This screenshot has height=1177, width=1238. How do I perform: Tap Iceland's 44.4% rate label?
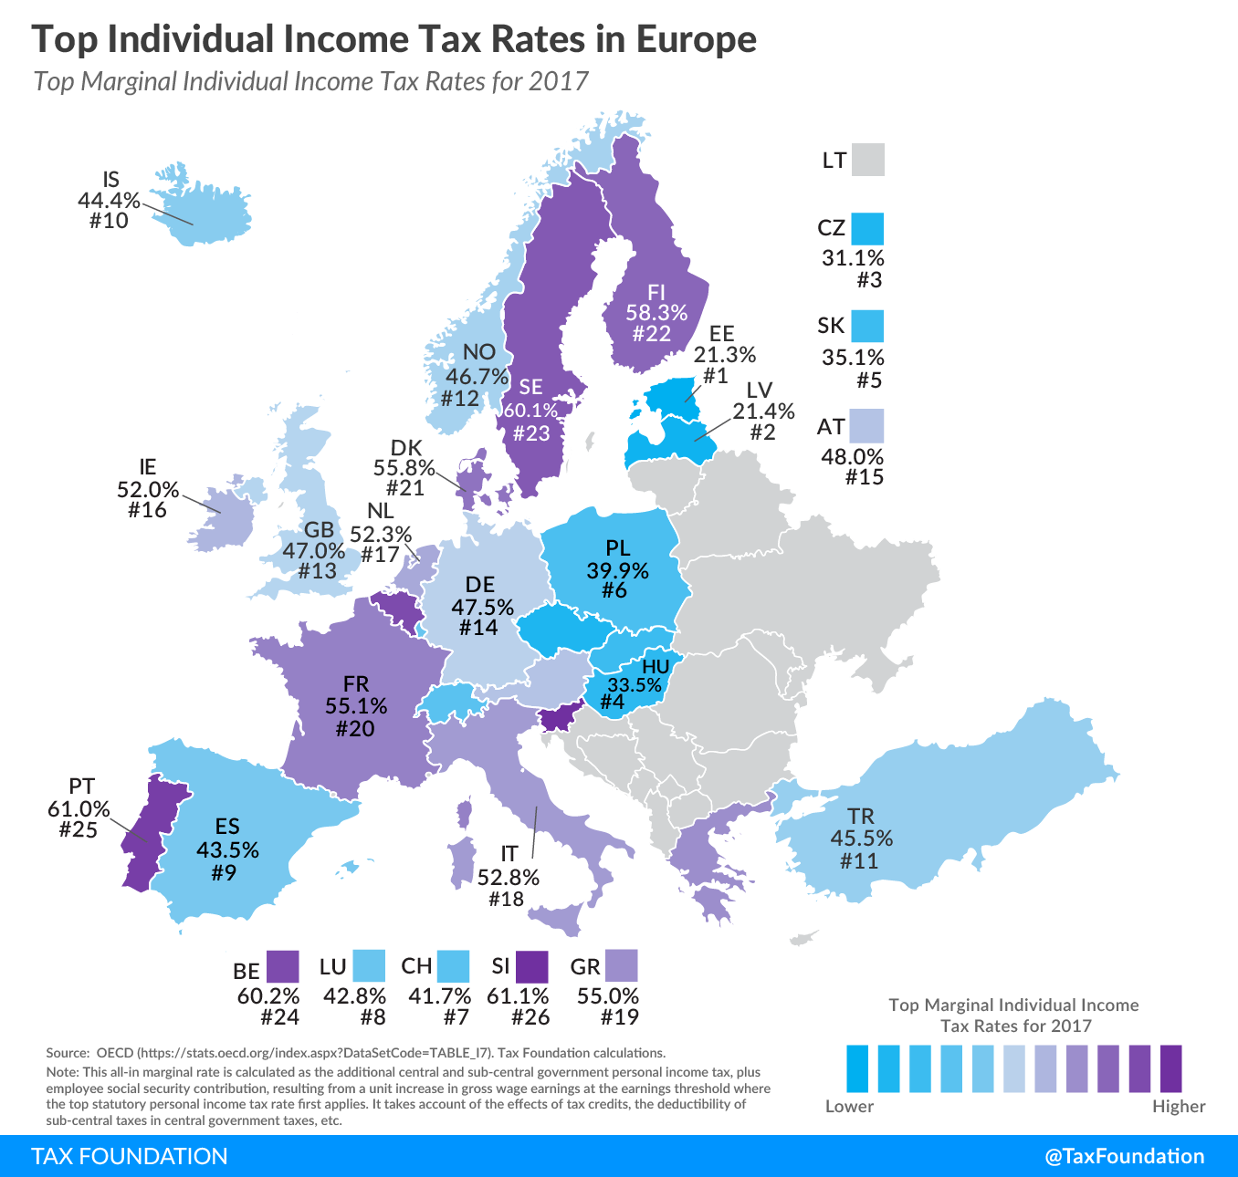tap(109, 200)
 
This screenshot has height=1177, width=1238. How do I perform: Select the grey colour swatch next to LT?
tap(868, 160)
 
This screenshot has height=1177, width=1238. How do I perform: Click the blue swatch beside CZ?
tap(867, 228)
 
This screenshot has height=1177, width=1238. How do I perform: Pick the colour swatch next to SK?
tap(867, 326)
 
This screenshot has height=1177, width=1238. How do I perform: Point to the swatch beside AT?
tap(866, 425)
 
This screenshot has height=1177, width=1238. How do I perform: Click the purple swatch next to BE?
tap(282, 966)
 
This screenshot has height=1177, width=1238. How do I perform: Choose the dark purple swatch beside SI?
tap(531, 966)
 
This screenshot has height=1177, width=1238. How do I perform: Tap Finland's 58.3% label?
tap(656, 313)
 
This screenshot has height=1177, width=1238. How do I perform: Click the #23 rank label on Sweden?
tap(530, 432)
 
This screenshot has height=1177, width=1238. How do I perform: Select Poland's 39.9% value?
tap(617, 571)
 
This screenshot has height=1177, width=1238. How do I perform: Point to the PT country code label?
tap(81, 786)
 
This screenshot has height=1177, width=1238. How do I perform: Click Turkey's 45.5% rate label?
tap(861, 838)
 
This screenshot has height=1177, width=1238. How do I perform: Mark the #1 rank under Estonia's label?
tap(715, 375)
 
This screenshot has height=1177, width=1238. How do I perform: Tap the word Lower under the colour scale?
tap(849, 1107)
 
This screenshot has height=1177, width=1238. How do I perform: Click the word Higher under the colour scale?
tap(1178, 1107)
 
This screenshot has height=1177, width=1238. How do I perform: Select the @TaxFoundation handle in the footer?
tap(1124, 1156)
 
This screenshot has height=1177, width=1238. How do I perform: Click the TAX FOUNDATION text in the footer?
tap(130, 1156)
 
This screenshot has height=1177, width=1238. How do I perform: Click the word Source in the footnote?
tap(67, 1053)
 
